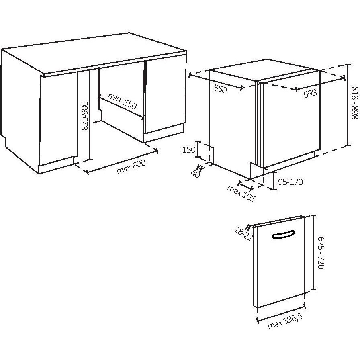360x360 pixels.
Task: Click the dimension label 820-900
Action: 85,116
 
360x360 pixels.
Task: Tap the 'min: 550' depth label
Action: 122,101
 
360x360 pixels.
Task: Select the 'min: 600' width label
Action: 131,167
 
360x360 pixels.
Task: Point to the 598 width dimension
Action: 310,93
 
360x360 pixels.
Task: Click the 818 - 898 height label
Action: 355,102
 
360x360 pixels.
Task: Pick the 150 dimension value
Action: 189,150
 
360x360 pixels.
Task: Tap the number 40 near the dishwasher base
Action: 195,174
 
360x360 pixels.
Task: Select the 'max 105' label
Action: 241,193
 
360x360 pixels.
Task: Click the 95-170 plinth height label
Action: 290,182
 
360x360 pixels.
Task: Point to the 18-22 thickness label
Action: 243,233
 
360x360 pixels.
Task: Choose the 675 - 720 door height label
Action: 321,253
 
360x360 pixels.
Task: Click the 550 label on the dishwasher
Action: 220,89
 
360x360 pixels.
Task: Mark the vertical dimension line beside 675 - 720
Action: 313,253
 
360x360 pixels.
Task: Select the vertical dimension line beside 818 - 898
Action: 348,105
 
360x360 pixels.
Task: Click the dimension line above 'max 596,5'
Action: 281,313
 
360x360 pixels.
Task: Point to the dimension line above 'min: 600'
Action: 122,161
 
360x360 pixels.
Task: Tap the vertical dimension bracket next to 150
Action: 197,149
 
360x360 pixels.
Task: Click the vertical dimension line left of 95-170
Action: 274,181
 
